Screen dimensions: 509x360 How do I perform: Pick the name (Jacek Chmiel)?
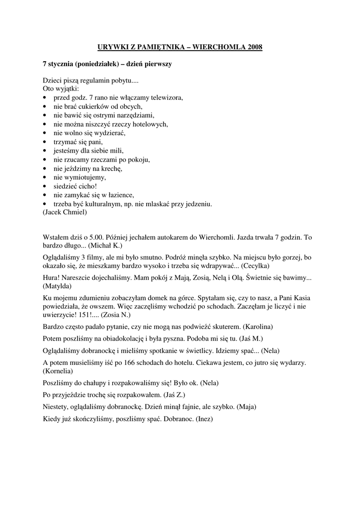pyautogui.click(x=65, y=212)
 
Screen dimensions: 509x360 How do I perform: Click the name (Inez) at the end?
pyautogui.click(x=203, y=419)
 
